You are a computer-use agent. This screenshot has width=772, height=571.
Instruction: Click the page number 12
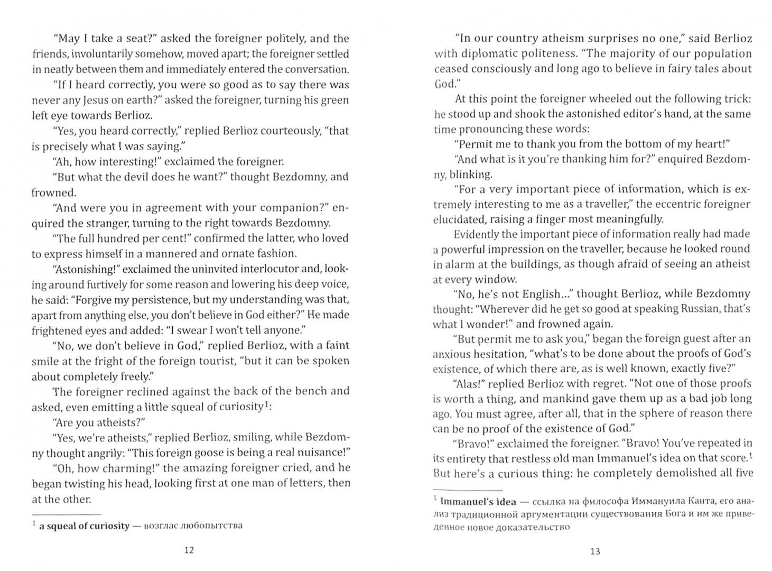coord(189,550)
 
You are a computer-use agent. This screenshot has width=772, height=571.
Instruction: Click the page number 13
coord(595,551)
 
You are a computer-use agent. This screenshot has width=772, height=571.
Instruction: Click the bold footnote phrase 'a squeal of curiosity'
coord(84,526)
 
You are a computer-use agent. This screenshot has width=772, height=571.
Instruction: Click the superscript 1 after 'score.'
coord(751,455)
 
